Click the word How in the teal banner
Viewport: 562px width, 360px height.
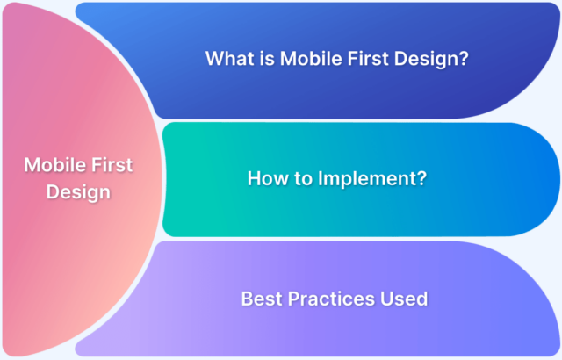click(x=267, y=178)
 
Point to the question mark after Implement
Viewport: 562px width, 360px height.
click(x=421, y=178)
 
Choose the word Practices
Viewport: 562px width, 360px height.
click(x=330, y=299)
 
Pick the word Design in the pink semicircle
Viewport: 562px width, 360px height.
click(x=79, y=192)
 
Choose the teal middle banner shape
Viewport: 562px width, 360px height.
click(x=492, y=211)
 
